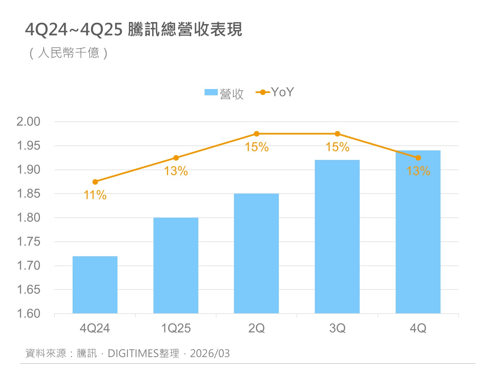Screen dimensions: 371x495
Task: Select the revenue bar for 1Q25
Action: tap(176, 265)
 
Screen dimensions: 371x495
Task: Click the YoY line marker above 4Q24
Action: tap(95, 182)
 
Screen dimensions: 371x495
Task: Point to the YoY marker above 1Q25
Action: tap(176, 158)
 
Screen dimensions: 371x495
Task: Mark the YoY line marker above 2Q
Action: tap(256, 134)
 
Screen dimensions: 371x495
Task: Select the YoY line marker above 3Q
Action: tap(337, 134)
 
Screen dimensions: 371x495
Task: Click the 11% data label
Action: tap(95, 195)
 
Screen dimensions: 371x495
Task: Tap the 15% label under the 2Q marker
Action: tap(256, 147)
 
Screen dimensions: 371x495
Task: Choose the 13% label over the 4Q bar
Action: tap(418, 171)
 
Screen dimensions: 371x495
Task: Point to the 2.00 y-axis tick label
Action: tap(28, 122)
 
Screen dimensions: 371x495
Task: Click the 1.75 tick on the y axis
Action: tap(28, 242)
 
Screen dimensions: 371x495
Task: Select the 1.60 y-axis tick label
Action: tap(28, 314)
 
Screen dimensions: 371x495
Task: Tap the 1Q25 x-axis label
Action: tap(176, 328)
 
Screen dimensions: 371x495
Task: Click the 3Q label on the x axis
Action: tap(337, 328)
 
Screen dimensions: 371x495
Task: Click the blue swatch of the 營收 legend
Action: tap(211, 92)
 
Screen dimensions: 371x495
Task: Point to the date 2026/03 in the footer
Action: tap(210, 354)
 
